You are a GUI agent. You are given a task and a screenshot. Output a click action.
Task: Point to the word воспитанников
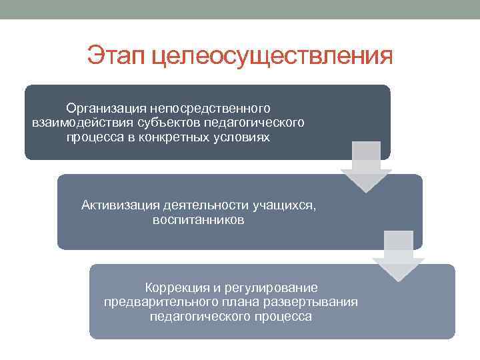pyautogui.click(x=198, y=219)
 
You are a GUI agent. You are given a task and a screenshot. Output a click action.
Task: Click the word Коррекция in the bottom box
pyautogui.click(x=173, y=287)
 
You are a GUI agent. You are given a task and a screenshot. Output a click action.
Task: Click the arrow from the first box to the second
pyautogui.click(x=366, y=167)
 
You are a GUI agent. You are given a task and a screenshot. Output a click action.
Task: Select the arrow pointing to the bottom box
pyautogui.click(x=398, y=256)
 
